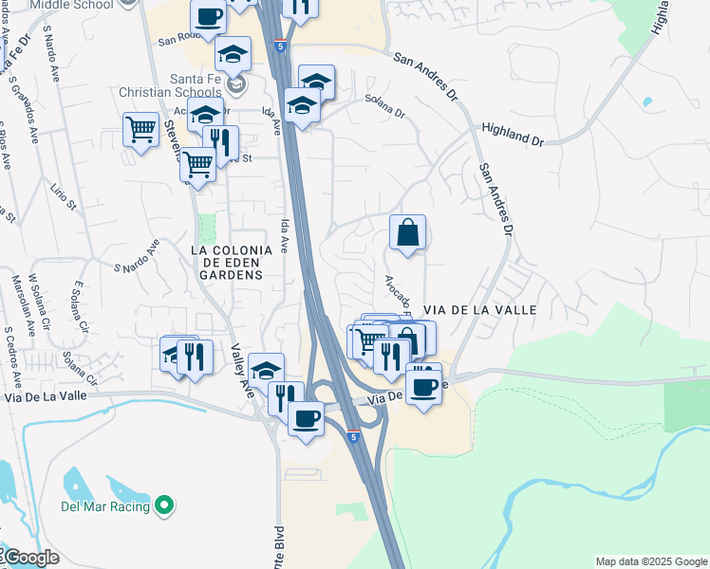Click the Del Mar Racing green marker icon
pyautogui.click(x=164, y=506)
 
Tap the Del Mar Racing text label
pyautogui.click(x=105, y=506)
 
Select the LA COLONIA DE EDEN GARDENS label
pyautogui.click(x=226, y=263)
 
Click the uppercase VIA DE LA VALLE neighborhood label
pyautogui.click(x=480, y=310)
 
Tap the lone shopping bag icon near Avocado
pyautogui.click(x=407, y=232)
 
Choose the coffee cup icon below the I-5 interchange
pyautogui.click(x=306, y=418)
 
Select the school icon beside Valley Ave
pyautogui.click(x=267, y=370)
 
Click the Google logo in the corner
pyautogui.click(x=30, y=558)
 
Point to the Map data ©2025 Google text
pyautogui.click(x=651, y=561)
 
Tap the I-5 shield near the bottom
pyautogui.click(x=353, y=436)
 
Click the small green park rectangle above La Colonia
pyautogui.click(x=207, y=228)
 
